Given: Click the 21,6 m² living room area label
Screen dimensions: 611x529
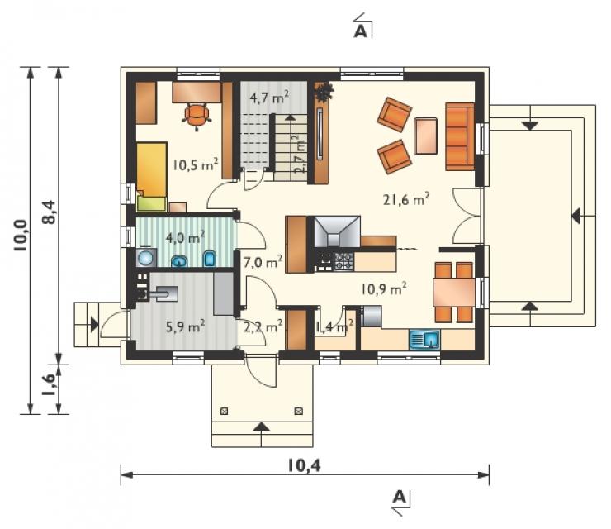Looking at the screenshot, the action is click(x=406, y=199).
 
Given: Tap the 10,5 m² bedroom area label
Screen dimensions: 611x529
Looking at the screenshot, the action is click(x=195, y=164).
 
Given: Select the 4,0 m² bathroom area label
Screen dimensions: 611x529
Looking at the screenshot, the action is click(x=186, y=237).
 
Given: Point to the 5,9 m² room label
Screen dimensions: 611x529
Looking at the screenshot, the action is click(x=186, y=326).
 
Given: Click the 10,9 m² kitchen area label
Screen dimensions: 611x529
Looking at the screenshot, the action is click(x=384, y=288).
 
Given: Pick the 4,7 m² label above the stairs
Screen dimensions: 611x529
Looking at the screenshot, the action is click(x=269, y=98).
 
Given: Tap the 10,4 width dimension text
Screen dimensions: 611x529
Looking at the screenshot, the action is click(x=305, y=465).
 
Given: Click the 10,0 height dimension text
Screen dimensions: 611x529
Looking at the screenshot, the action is click(x=21, y=235).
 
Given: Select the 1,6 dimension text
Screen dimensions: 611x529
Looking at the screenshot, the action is click(x=50, y=384).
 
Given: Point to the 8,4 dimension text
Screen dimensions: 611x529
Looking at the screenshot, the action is click(x=50, y=212).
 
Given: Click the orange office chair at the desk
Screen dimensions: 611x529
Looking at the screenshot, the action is click(x=197, y=114).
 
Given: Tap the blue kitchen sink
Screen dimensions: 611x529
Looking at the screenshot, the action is click(x=424, y=339).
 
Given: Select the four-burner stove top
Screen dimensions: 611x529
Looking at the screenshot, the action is click(x=343, y=261).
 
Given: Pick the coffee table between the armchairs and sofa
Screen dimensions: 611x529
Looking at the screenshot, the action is click(x=425, y=136).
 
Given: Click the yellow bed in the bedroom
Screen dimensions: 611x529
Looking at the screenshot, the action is click(x=152, y=169).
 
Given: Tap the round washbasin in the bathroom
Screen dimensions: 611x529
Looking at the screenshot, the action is click(x=146, y=258).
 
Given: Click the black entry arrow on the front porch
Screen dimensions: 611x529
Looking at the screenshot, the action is click(x=262, y=427).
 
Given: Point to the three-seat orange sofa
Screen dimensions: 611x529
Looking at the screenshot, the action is click(x=460, y=136).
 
